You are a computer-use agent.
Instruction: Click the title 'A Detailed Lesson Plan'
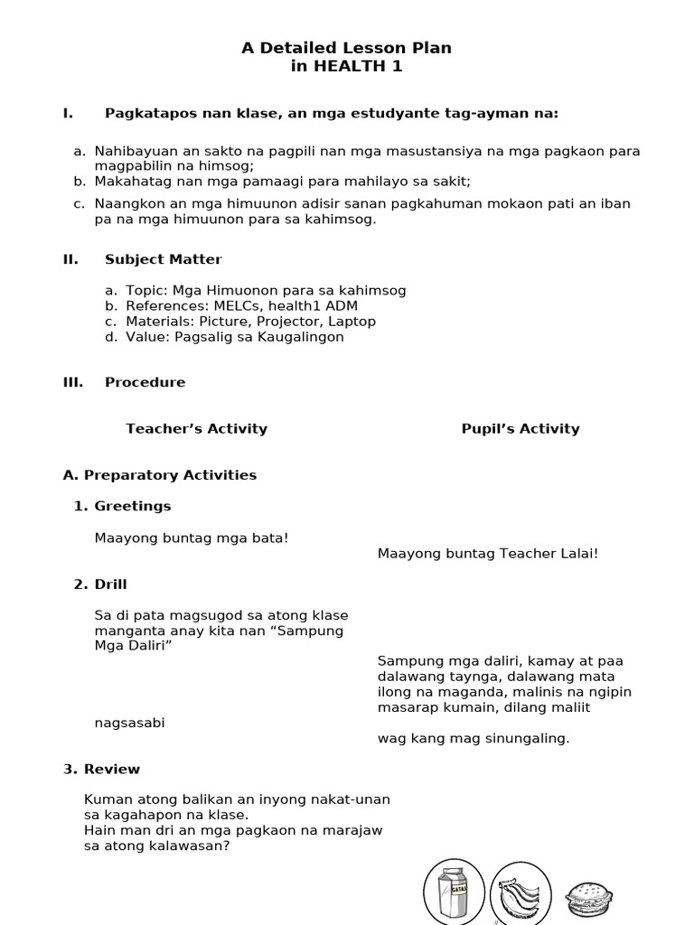[346, 48]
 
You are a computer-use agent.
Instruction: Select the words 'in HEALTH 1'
[346, 66]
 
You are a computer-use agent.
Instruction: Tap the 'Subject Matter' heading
[163, 259]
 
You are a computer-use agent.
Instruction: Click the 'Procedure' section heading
[145, 382]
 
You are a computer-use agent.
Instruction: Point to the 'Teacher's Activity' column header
[196, 429]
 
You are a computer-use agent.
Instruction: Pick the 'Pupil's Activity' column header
[520, 429]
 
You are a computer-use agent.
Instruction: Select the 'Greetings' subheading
[132, 506]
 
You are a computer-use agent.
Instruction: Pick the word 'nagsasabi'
[129, 724]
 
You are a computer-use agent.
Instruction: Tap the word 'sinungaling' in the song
[529, 739]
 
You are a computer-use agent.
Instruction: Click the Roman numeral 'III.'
[73, 382]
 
